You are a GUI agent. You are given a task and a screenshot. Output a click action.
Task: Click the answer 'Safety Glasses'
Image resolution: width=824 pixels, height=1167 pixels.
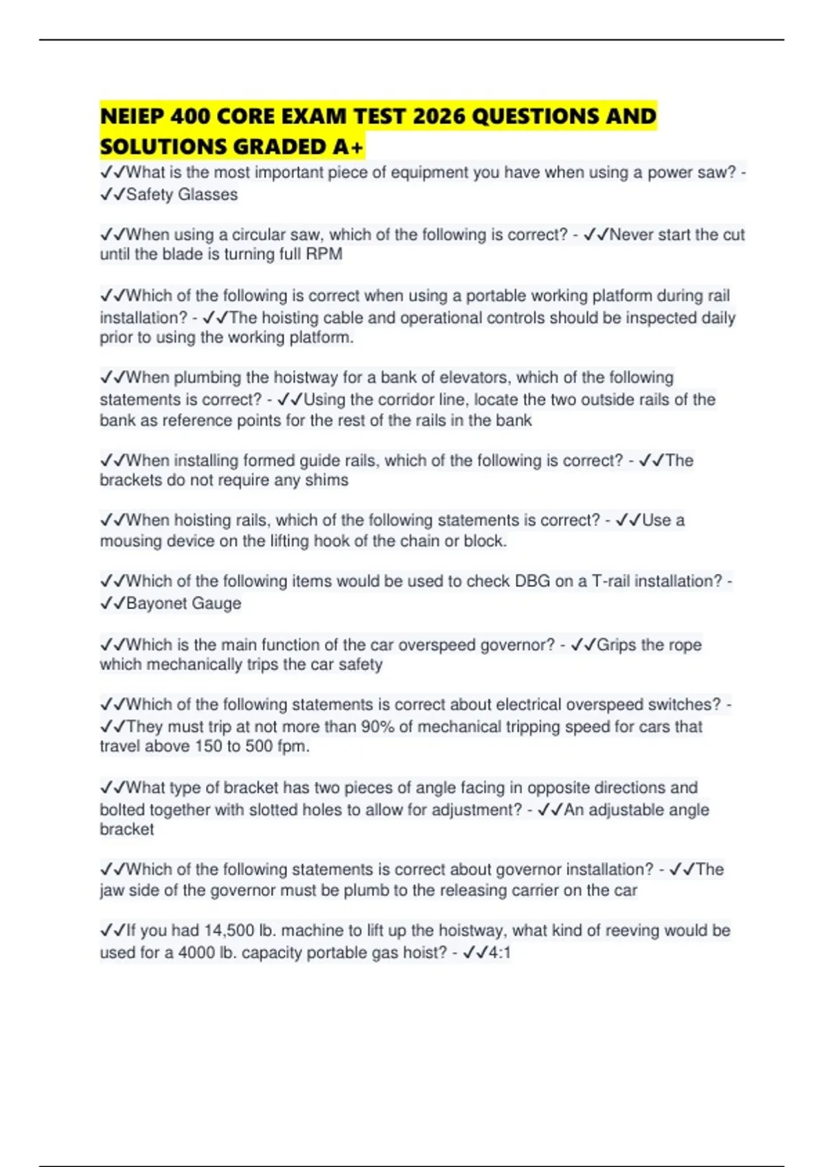(182, 195)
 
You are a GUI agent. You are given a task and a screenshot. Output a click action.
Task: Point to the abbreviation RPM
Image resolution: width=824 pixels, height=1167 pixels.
(324, 255)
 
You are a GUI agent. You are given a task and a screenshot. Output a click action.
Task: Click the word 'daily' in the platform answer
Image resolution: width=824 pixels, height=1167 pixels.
(718, 318)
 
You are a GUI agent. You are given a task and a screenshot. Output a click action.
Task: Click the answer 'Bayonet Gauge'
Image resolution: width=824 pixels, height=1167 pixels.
(183, 604)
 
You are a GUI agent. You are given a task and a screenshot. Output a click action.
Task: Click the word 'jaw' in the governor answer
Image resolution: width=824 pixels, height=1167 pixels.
(112, 891)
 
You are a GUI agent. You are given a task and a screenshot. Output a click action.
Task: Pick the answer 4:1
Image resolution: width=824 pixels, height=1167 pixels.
(499, 953)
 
